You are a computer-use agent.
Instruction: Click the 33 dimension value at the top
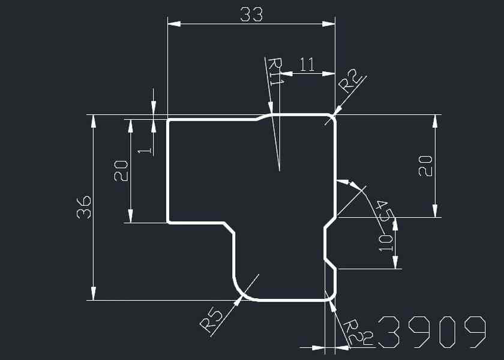pos(251,14)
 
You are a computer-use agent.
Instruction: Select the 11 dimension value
pos(307,65)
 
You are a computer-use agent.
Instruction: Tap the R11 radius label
pos(275,72)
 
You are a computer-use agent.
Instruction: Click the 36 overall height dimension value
pos(85,206)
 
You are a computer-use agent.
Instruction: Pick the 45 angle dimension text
pos(383,211)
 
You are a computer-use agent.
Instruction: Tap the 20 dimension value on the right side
pos(425,166)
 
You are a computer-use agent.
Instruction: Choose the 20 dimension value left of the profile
pos(121,171)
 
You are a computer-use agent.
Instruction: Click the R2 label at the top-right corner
pos(350,80)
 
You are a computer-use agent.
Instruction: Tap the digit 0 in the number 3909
pos(447,332)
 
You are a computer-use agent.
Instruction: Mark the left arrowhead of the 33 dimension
pos(174,24)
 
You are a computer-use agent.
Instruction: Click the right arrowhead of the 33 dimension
pos(329,24)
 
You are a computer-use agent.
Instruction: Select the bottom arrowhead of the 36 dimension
pos(93,293)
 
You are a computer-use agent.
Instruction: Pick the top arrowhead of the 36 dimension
pos(93,121)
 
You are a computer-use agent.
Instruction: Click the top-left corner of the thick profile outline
pos(168,121)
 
